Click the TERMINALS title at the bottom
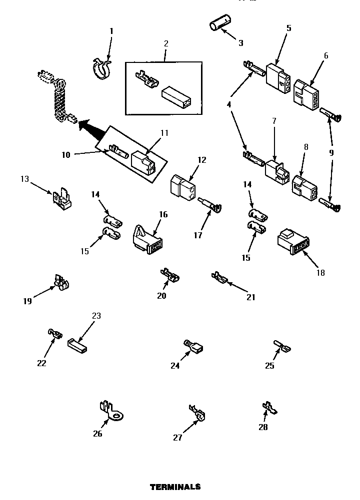(175, 486)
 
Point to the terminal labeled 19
(60, 283)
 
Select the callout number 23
(96, 316)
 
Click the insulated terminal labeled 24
(193, 347)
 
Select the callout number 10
(66, 155)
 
